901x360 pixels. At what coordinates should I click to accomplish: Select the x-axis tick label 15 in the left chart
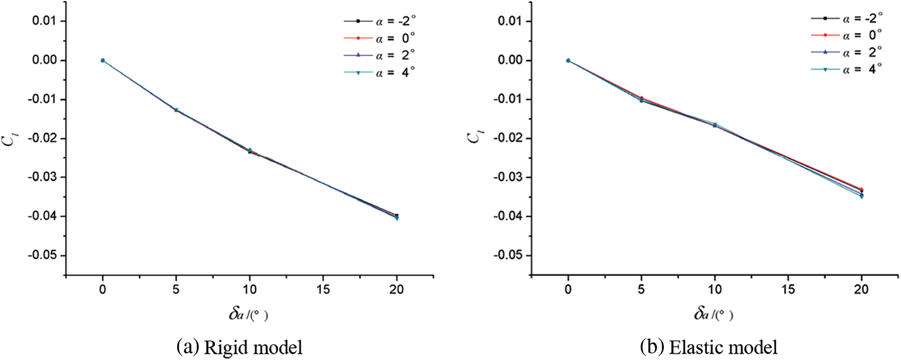click(323, 290)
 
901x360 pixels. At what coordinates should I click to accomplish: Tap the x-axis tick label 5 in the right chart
click(641, 290)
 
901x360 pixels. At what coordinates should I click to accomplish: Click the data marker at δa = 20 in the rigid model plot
click(396, 217)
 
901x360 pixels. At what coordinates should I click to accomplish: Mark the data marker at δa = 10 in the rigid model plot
click(250, 151)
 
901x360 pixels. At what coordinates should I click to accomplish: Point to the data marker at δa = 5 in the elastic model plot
click(641, 99)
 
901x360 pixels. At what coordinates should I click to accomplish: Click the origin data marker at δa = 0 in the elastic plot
click(568, 60)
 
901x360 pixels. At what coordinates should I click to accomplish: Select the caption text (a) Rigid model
click(239, 348)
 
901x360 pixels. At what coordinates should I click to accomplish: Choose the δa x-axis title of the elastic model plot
click(713, 314)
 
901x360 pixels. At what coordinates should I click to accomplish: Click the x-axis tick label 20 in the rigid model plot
click(396, 290)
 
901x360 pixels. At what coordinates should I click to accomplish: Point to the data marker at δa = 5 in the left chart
click(176, 110)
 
